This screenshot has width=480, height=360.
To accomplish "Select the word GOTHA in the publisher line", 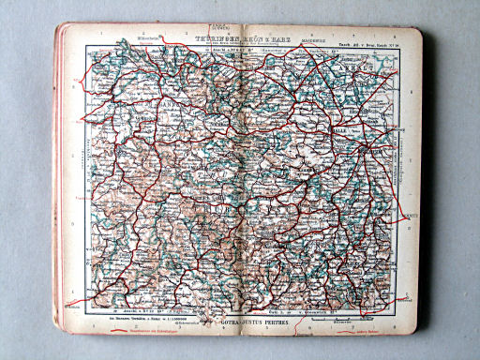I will (x=230, y=322).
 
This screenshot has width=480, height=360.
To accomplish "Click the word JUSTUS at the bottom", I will (x=257, y=322).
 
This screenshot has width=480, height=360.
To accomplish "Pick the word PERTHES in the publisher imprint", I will (x=288, y=322).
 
